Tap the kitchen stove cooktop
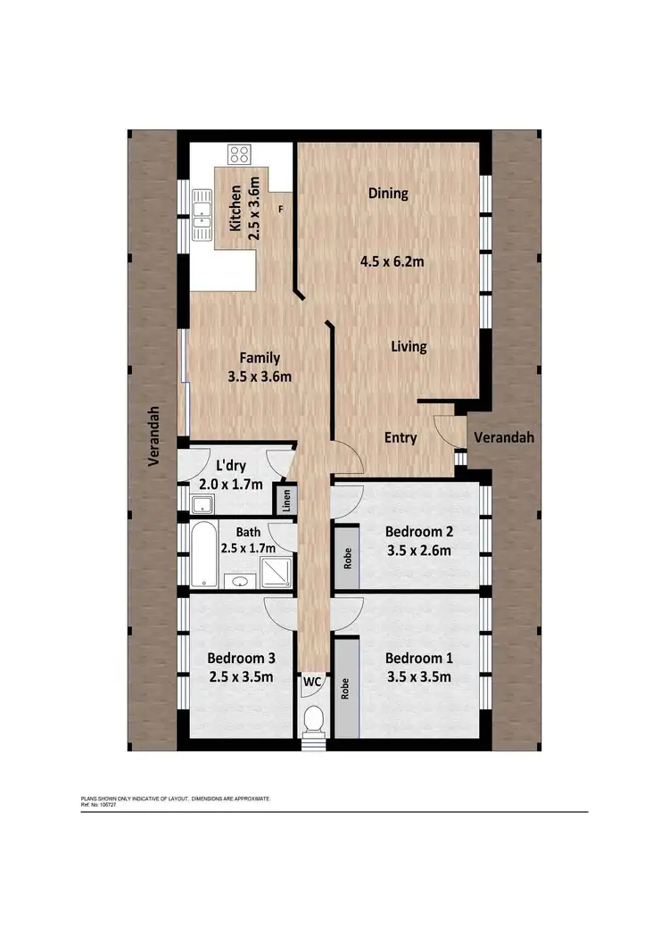click(238, 155)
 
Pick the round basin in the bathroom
click(239, 583)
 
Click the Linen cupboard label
click(287, 501)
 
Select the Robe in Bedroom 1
click(345, 687)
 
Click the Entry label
click(401, 437)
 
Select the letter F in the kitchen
click(281, 210)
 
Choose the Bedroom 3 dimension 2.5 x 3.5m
click(240, 676)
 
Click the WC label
click(313, 681)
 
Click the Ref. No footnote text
click(99, 804)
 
